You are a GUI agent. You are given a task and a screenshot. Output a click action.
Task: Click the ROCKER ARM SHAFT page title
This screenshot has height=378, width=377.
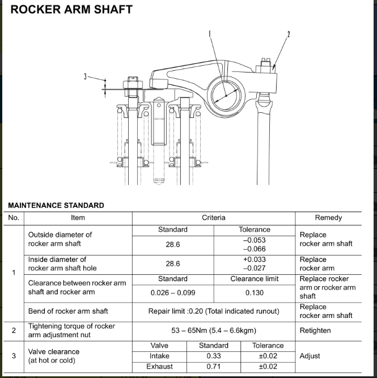tap(72, 10)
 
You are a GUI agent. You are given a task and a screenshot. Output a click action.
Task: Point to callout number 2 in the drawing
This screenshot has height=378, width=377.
tap(289, 35)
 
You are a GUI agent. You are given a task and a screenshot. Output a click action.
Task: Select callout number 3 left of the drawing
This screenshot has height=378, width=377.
tap(86, 77)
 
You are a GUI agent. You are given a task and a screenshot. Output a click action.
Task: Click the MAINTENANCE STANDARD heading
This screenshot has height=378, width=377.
tap(56, 205)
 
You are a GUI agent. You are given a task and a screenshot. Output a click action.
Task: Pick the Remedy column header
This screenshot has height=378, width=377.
tap(328, 218)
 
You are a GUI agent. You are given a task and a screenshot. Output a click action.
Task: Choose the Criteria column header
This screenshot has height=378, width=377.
tap(213, 218)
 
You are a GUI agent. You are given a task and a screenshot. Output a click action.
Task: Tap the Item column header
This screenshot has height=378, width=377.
tap(78, 218)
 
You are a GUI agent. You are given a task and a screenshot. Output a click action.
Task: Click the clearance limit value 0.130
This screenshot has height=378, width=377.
tap(254, 292)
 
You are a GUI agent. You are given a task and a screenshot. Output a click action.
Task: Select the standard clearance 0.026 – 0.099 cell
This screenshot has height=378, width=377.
tap(172, 292)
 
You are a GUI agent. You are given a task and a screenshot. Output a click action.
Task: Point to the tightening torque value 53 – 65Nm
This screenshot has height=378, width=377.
tap(214, 330)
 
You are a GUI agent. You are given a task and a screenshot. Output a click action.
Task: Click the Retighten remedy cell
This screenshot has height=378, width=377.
tap(315, 330)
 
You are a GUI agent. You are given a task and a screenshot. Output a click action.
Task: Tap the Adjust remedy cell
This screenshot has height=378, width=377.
tap(310, 356)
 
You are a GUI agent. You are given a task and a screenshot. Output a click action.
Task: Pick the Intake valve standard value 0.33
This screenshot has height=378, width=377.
tap(213, 356)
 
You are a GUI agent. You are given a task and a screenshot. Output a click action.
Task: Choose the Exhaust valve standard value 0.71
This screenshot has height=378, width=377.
tap(213, 367)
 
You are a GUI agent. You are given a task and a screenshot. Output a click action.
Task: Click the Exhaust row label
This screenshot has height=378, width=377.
tap(159, 367)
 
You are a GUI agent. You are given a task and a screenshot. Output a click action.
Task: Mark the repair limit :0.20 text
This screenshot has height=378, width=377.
tap(213, 311)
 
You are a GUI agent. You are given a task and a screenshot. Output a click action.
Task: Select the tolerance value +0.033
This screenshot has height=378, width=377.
tap(254, 260)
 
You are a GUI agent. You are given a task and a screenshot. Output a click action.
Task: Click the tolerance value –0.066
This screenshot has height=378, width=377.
tap(254, 249)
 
